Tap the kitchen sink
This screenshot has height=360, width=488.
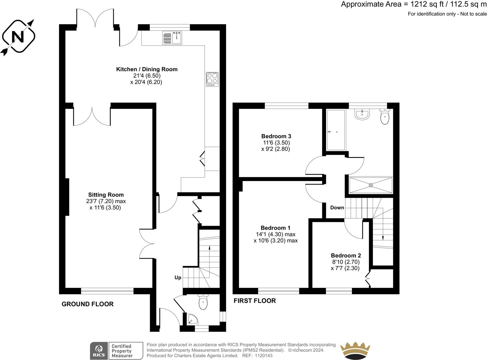coord(172,38)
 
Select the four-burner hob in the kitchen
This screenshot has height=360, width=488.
coord(212,79)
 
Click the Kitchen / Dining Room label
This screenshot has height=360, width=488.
coord(147,69)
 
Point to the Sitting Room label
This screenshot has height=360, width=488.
coord(106,195)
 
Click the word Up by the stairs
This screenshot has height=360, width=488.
coord(178,278)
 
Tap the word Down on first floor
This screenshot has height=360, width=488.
coord(337,207)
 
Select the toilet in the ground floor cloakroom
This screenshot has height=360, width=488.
coord(203,302)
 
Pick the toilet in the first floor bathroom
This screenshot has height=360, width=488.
coord(385,117)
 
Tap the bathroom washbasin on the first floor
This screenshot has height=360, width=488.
coord(362,114)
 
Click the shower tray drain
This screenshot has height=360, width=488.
coord(371,185)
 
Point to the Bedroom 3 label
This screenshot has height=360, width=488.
coord(276,136)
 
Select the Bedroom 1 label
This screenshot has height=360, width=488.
coord(275,228)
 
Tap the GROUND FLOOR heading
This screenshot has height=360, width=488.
coord(88,304)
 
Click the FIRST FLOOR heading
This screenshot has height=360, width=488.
coord(255,301)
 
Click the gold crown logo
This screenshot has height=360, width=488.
coord(355,350)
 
